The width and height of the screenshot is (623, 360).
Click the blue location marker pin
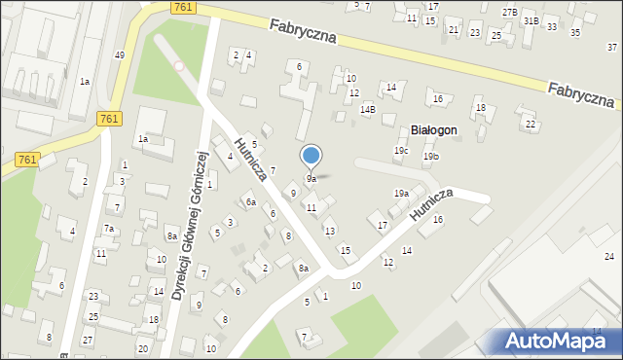click(x=311, y=156)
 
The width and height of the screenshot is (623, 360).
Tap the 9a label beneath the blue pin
click(x=311, y=179)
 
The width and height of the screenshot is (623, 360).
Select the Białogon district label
click(x=434, y=129)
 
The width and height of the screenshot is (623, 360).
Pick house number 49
click(x=119, y=55)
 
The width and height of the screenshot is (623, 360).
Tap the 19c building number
click(x=400, y=151)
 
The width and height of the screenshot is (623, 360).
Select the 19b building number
click(x=431, y=157)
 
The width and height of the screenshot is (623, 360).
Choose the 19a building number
click(x=401, y=194)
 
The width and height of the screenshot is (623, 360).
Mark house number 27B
click(x=510, y=12)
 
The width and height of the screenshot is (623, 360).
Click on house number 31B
click(x=531, y=20)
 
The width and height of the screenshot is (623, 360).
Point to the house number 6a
click(x=250, y=202)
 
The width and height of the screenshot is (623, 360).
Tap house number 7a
click(x=110, y=229)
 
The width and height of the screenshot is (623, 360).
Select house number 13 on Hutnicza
click(x=330, y=231)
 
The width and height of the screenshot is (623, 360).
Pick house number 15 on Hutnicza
click(x=345, y=250)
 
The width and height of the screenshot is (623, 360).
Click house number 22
click(x=531, y=125)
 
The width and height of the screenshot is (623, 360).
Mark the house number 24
click(x=609, y=256)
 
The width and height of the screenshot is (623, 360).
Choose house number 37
click(x=612, y=47)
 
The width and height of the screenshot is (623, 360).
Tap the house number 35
click(x=574, y=33)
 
